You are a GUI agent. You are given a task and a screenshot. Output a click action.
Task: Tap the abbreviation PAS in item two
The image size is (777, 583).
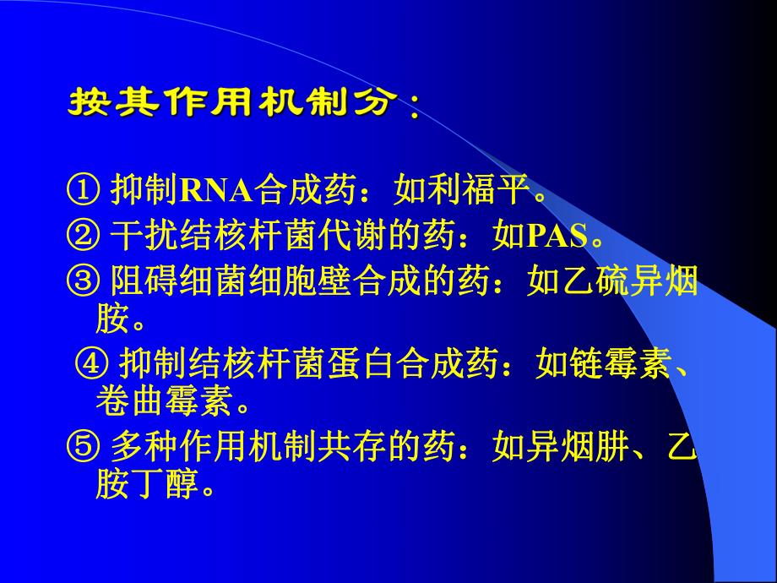pos(557,237)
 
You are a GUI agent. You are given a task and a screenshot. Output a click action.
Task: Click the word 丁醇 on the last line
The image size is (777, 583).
pos(169,484)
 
